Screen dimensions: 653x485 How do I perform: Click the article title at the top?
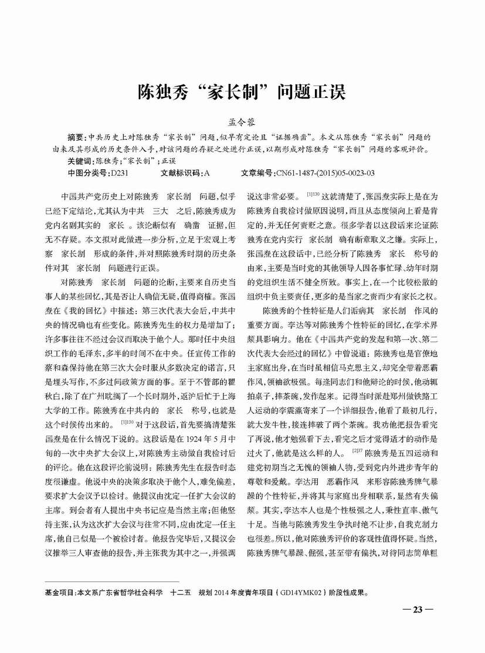242,92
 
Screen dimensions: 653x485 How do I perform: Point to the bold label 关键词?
80,160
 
